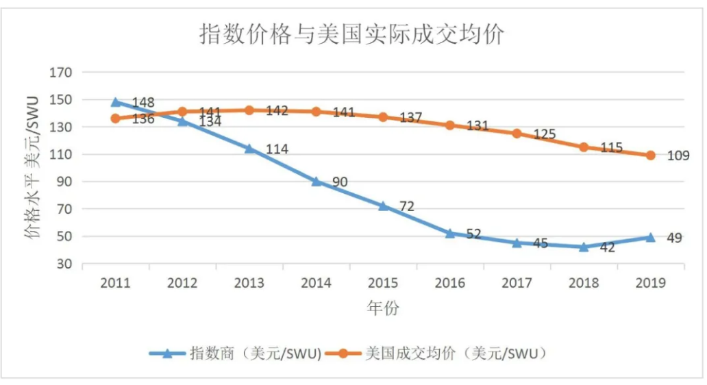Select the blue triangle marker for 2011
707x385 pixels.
[x=115, y=102]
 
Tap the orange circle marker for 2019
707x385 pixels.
[x=650, y=155]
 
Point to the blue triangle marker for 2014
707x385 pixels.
[x=316, y=182]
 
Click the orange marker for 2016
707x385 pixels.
[x=450, y=125]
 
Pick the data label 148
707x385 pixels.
[x=142, y=103]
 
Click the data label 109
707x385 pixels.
[x=678, y=156]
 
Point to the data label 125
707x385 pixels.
[x=544, y=134]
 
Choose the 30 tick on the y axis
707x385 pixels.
[x=65, y=264]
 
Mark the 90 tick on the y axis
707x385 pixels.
[x=65, y=182]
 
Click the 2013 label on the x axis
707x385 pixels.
[x=249, y=282]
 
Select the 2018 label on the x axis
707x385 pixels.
[x=584, y=282]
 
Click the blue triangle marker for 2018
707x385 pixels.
[x=584, y=247]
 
